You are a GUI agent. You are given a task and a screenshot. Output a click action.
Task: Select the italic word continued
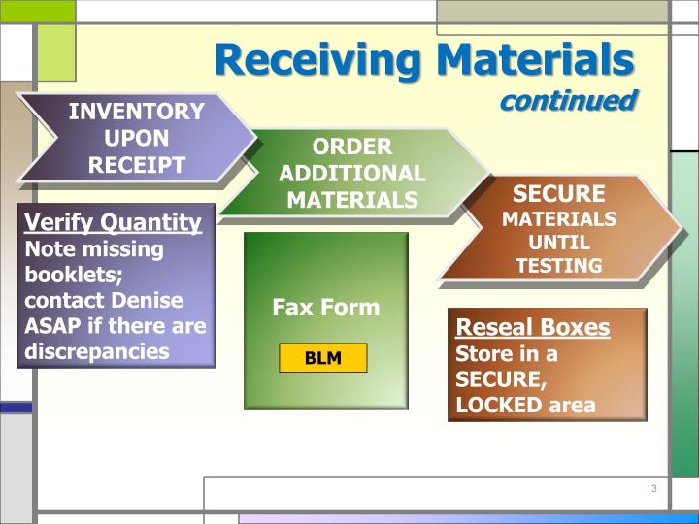[568, 100]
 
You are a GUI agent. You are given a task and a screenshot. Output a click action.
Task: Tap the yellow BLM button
[323, 358]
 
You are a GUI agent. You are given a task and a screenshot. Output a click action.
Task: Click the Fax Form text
[325, 308]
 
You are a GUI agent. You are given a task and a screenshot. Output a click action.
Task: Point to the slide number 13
[650, 489]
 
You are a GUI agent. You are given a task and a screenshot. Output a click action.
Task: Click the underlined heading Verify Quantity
[113, 222]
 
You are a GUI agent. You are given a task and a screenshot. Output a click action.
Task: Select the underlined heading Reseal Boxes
[533, 327]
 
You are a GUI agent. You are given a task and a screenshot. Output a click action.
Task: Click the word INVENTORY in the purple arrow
[136, 112]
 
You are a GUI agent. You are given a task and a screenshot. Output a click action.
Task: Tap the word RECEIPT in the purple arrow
[136, 164]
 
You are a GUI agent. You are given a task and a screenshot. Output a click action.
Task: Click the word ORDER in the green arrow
[351, 147]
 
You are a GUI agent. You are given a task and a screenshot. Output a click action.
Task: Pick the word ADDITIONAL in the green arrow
[351, 174]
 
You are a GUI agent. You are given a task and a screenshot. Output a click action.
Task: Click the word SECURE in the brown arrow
[558, 193]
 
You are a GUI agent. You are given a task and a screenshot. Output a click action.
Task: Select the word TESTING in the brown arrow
[558, 265]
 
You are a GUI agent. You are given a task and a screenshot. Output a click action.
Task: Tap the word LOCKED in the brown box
[500, 405]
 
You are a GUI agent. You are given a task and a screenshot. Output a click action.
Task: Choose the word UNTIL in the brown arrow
[558, 242]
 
